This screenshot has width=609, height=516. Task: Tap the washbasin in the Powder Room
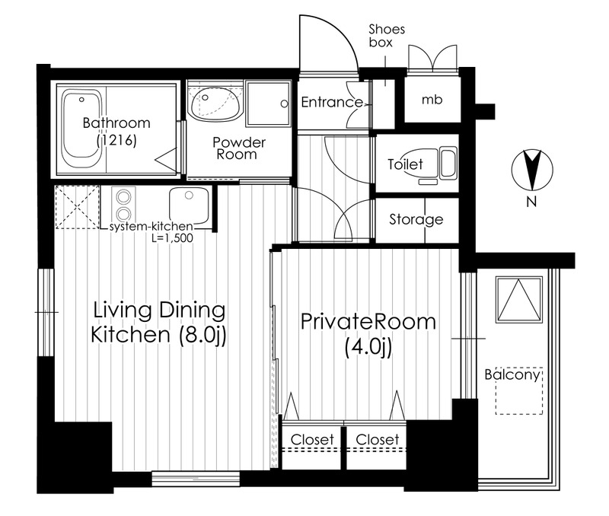point(215,102)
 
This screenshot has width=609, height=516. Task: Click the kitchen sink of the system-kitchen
point(189,205)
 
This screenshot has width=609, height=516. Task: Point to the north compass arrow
point(531,170)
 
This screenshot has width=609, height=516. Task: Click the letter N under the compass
point(531,202)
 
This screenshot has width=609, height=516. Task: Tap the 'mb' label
point(432,100)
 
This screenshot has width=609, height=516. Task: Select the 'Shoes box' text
point(387,36)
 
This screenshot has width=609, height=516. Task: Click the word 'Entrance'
point(332,102)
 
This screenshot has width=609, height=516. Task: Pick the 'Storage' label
point(416,220)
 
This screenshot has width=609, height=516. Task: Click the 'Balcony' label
point(512,375)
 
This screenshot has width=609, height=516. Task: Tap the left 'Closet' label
point(312,439)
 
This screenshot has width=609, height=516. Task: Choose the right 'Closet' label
point(377,439)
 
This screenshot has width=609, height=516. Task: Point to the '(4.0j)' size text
point(368,347)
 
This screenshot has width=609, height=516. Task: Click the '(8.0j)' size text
point(202,336)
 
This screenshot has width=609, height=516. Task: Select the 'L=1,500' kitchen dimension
point(173,238)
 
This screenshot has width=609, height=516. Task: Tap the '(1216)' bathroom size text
point(116,140)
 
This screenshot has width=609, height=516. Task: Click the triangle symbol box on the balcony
point(519,299)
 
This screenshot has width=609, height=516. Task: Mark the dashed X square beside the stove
point(78,207)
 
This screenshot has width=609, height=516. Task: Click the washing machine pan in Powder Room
point(268,104)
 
